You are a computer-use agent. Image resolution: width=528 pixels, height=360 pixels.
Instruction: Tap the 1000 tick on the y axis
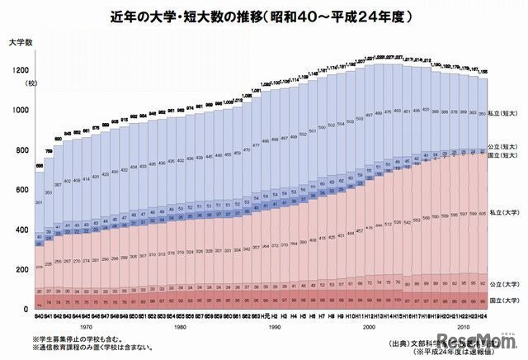18,111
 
